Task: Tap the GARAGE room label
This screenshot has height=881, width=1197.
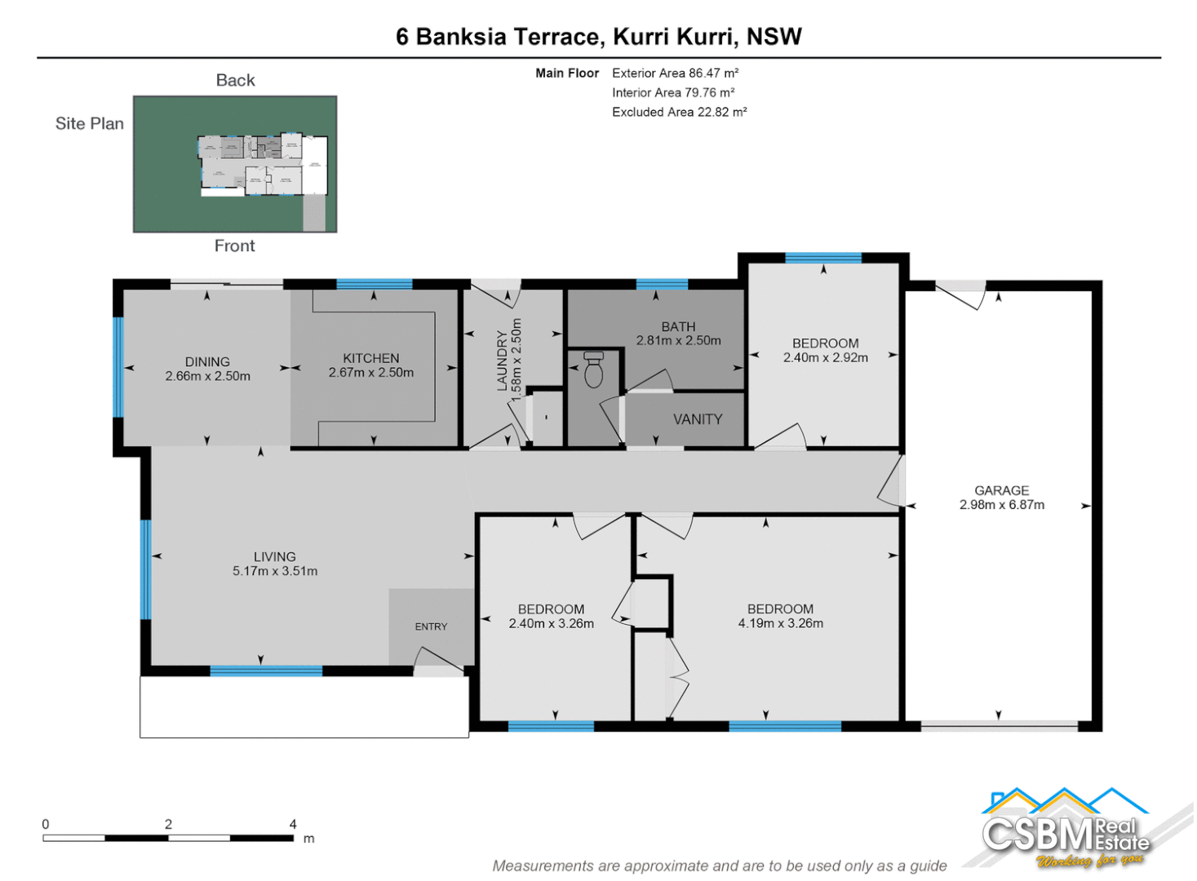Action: [1001, 490]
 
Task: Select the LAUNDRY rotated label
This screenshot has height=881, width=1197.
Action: [503, 361]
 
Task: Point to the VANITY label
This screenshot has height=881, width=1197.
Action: [698, 419]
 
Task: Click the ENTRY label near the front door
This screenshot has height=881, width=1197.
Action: [431, 626]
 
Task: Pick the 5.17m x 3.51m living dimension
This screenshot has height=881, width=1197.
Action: [275, 571]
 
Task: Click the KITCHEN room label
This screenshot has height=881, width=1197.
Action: [371, 358]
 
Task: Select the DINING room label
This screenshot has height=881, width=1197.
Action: [207, 361]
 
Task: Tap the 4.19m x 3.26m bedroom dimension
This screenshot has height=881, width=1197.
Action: [781, 623]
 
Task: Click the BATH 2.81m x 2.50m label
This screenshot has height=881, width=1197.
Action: [679, 334]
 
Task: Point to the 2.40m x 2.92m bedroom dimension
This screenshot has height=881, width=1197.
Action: [826, 357]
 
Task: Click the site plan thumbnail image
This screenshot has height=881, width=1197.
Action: [235, 164]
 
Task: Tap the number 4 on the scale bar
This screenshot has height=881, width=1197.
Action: [293, 824]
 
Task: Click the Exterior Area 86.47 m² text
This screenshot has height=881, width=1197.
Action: [675, 73]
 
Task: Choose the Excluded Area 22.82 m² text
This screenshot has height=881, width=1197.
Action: [679, 112]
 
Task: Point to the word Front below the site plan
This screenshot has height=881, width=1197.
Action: [234, 246]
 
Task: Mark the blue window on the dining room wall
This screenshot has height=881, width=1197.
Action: [118, 367]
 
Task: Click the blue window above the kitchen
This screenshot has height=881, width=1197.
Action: [374, 284]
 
